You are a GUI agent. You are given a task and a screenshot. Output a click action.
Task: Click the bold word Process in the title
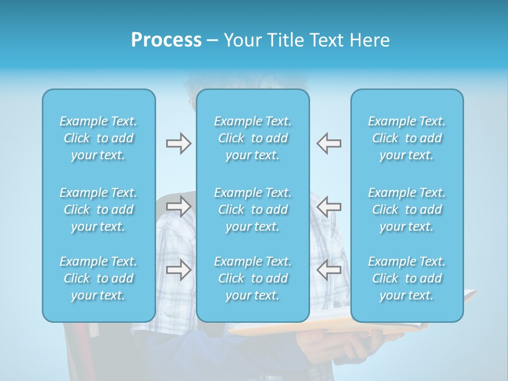(166, 40)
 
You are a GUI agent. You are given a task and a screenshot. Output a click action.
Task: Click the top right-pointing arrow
(178, 143)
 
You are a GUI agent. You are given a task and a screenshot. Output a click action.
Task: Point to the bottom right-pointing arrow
(178, 270)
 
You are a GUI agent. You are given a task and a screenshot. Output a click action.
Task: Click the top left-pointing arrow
(329, 143)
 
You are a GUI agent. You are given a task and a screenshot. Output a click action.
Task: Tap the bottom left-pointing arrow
(329, 270)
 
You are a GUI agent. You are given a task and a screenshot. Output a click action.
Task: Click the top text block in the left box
(98, 138)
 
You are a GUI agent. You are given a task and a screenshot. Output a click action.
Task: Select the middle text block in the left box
(98, 210)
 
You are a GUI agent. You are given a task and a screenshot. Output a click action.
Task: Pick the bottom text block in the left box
(98, 278)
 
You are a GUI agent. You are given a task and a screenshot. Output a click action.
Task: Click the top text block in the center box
(253, 138)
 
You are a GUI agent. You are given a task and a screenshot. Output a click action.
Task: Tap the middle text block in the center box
(253, 210)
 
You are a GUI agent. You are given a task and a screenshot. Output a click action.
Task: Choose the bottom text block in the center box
(253, 278)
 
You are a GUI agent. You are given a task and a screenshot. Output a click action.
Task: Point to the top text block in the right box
(407, 138)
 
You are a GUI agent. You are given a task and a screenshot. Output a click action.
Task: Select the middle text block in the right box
(407, 210)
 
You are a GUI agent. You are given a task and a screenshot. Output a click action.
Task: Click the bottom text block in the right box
(407, 278)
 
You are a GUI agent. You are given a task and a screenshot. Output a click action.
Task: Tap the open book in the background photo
(328, 329)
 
